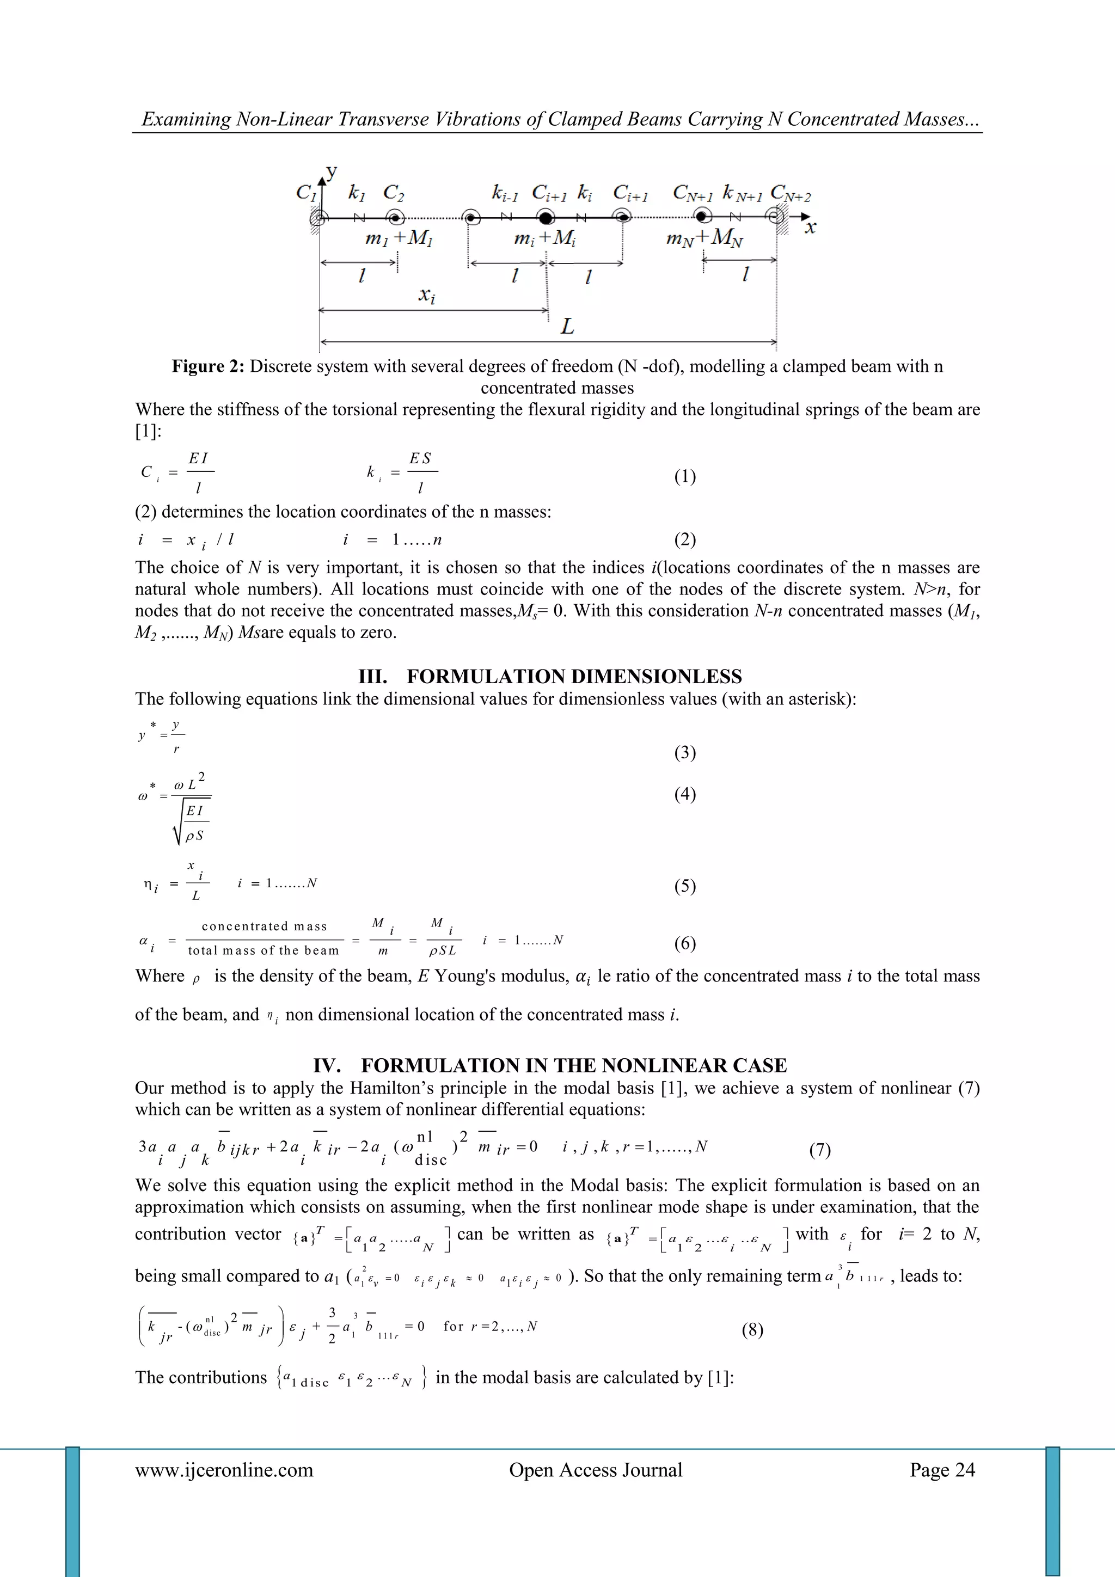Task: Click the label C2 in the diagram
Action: point(394,193)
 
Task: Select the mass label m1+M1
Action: point(399,238)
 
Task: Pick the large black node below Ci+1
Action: point(546,218)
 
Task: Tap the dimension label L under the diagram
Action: point(567,326)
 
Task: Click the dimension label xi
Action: point(427,296)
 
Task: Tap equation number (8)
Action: point(752,1330)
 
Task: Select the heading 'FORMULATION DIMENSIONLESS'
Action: point(574,677)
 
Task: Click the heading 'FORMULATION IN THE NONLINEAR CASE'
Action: point(574,1065)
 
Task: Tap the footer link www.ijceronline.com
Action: point(224,1470)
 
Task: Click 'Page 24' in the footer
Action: point(942,1470)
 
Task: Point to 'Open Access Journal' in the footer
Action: point(596,1470)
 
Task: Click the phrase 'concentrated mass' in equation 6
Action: point(265,926)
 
